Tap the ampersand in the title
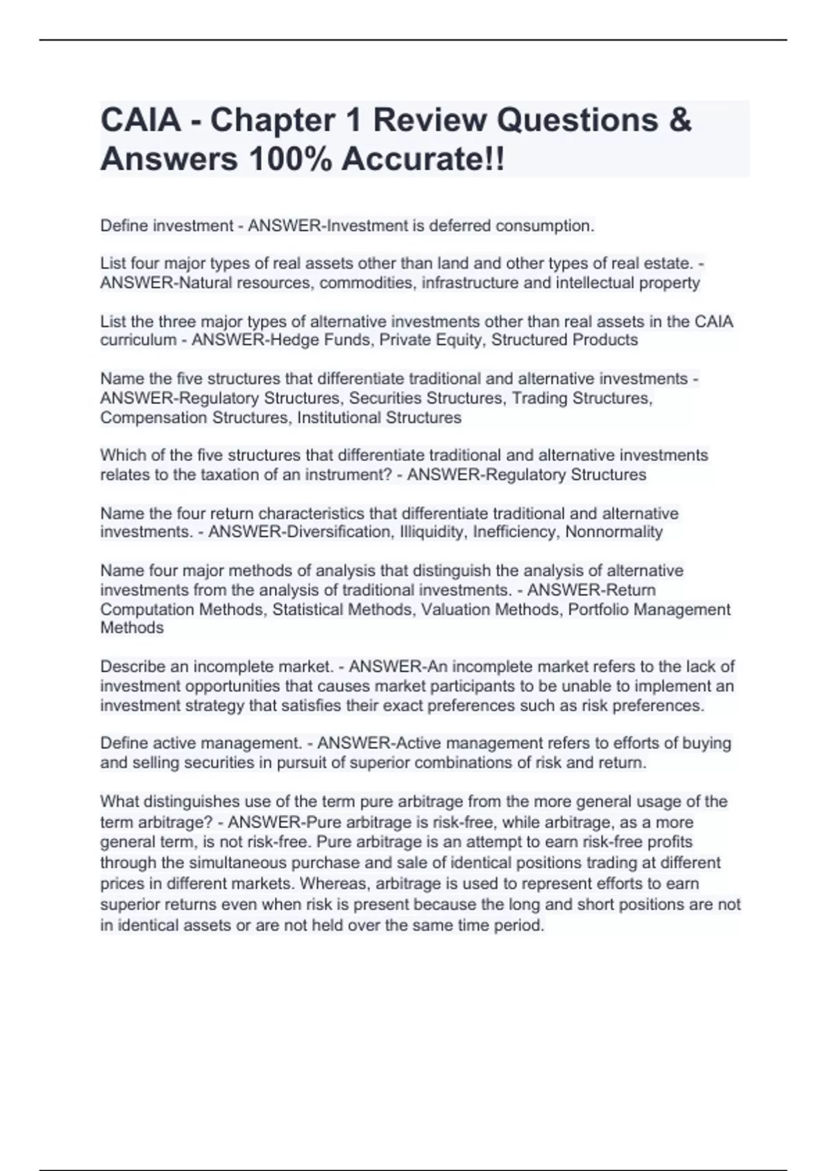680,120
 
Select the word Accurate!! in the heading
423,160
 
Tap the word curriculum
138,340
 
